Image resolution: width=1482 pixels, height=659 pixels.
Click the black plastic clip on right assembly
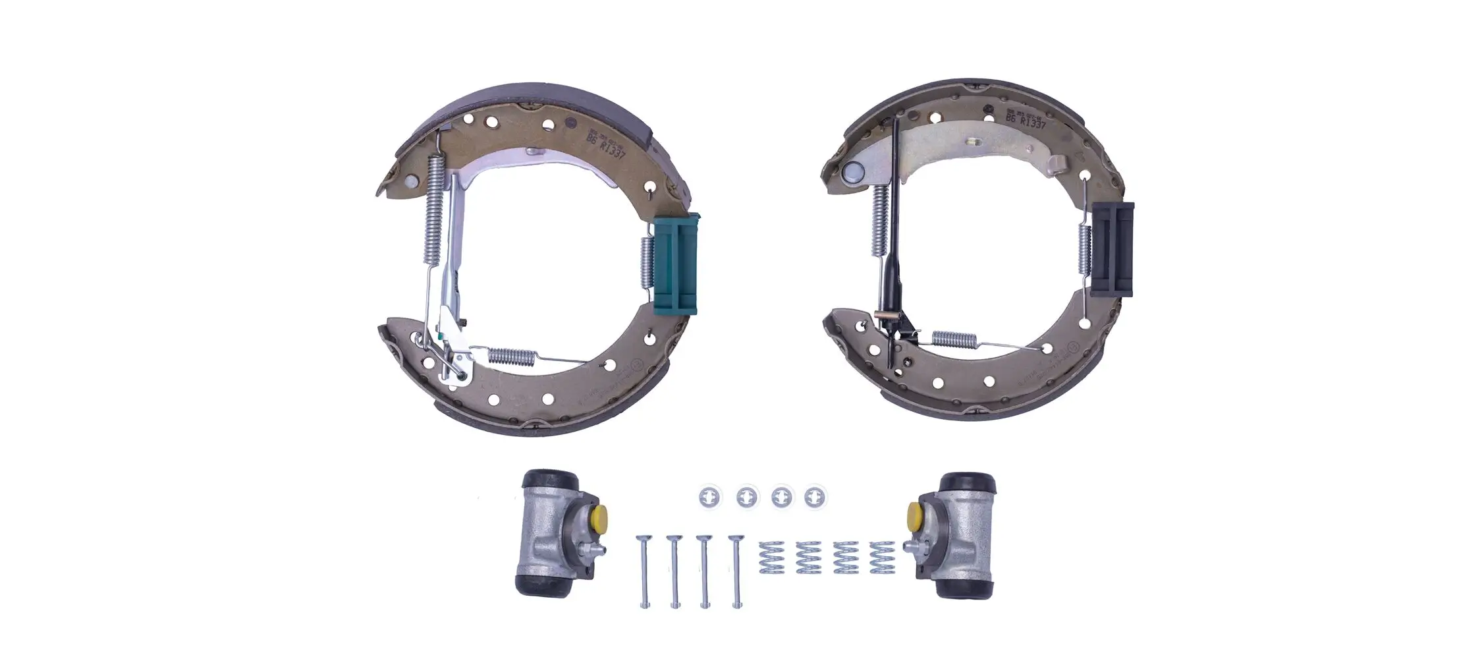pos(1112,250)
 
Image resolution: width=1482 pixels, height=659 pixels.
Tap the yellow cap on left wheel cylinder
pos(599,517)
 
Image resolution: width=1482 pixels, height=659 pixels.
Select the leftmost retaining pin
pos(644,571)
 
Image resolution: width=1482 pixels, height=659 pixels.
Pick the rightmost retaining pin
pos(736,571)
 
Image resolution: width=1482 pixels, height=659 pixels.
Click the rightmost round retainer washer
pos(815,496)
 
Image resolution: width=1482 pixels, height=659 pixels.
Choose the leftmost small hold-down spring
pos(771,558)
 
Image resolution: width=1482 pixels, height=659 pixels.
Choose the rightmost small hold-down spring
pos(881,558)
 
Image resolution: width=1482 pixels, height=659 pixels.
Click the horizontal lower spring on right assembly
pos(954,339)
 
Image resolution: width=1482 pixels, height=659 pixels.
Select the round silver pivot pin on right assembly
pos(853,173)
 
